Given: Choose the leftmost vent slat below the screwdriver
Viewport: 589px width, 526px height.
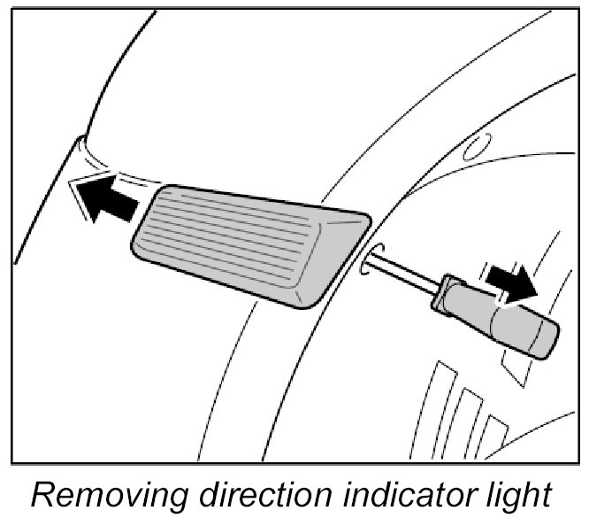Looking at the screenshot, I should click(x=434, y=398).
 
